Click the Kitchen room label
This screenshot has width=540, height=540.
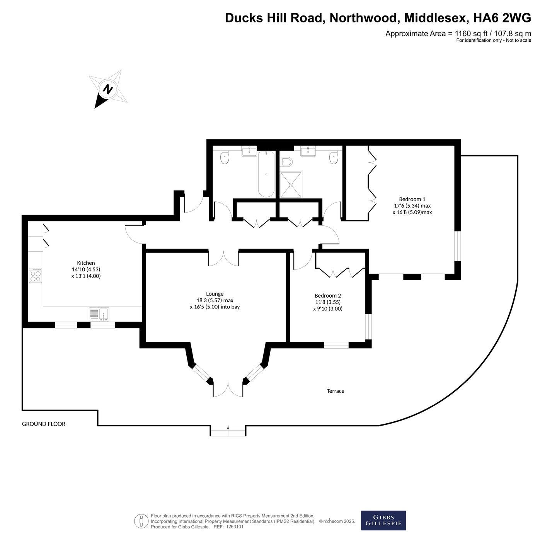pyautogui.click(x=86, y=263)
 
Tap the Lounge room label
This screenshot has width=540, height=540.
pyautogui.click(x=215, y=294)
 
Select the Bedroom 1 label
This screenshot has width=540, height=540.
pyautogui.click(x=412, y=199)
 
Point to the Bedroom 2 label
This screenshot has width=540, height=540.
pyautogui.click(x=327, y=296)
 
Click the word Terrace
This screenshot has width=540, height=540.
pyautogui.click(x=336, y=391)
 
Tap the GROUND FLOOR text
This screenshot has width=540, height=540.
pyautogui.click(x=43, y=424)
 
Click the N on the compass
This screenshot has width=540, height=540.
pyautogui.click(x=107, y=89)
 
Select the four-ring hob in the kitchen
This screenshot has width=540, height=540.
pyautogui.click(x=36, y=275)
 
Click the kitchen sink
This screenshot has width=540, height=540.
pyautogui.click(x=99, y=314)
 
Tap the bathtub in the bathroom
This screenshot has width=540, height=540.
pyautogui.click(x=266, y=174)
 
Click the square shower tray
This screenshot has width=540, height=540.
pyautogui.click(x=291, y=185)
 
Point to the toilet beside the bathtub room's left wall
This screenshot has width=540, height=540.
pyautogui.click(x=225, y=157)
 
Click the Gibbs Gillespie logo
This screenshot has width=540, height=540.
pyautogui.click(x=383, y=520)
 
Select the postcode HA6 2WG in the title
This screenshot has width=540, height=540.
pyautogui.click(x=502, y=18)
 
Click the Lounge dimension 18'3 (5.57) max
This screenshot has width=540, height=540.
pyautogui.click(x=215, y=300)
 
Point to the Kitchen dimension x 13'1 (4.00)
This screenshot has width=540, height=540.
pyautogui.click(x=86, y=276)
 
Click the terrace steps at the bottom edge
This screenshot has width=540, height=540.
pyautogui.click(x=228, y=431)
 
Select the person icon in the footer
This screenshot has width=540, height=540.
pyautogui.click(x=141, y=521)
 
